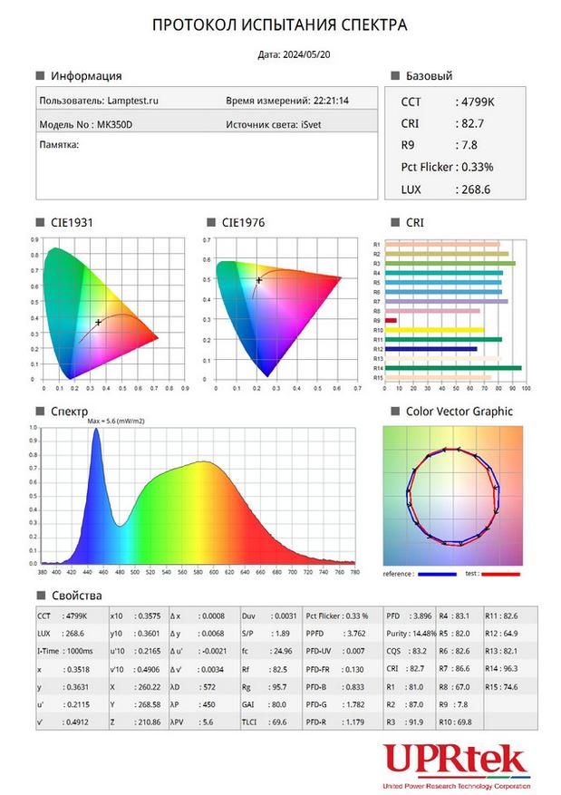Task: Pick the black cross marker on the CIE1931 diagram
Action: tap(98, 323)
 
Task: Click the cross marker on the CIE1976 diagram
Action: tap(258, 280)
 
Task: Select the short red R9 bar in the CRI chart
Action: tap(391, 320)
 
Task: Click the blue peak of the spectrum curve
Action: tap(96, 431)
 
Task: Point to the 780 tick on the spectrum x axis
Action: tap(354, 572)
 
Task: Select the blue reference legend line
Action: tap(438, 574)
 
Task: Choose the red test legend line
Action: tap(501, 574)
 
